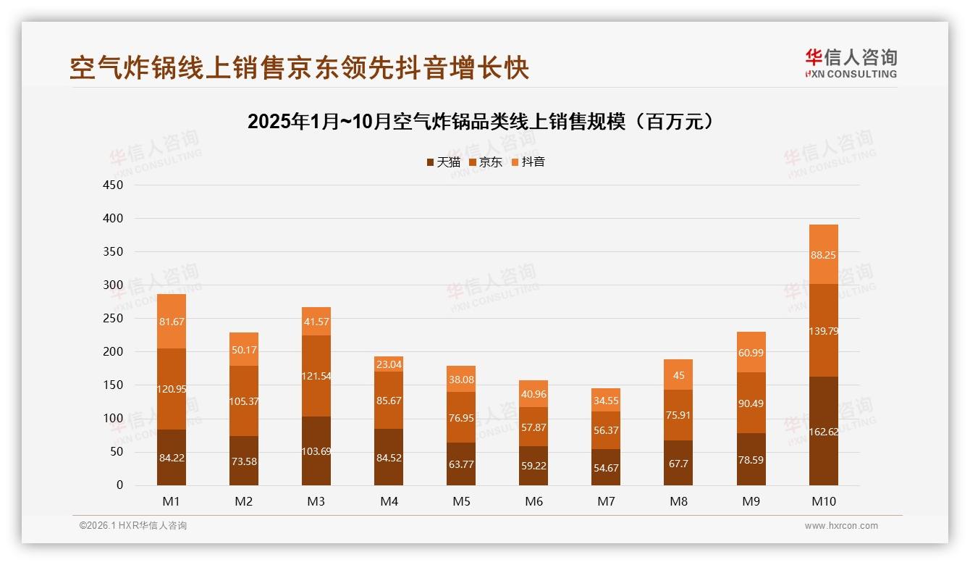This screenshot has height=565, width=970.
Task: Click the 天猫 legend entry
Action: pos(443,162)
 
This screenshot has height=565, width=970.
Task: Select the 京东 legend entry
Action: pos(485,162)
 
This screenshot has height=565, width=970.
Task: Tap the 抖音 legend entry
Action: pos(528,162)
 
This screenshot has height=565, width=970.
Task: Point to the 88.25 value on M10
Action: pos(823,255)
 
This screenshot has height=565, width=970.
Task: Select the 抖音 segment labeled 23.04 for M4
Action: pos(389,364)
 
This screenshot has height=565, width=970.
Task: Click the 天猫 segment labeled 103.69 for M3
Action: pos(316,451)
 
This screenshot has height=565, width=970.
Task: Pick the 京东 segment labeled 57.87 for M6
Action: pos(533,427)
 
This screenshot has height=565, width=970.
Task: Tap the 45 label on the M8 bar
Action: pos(678,375)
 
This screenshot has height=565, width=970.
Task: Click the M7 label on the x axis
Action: pos(606,501)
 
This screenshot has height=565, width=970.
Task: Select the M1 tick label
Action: pos(172,501)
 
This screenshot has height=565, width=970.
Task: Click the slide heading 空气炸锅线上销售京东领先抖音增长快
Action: pos(300,68)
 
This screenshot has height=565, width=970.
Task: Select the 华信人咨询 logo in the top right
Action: pos(851,63)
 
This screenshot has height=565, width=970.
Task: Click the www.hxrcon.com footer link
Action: pos(841,526)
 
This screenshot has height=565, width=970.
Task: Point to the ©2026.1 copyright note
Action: pos(133,526)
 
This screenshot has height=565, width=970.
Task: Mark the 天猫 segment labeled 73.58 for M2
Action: pos(244,460)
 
